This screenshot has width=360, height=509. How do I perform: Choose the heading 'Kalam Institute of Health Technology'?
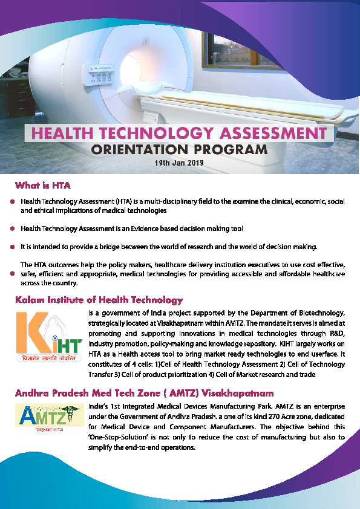tap(99, 299)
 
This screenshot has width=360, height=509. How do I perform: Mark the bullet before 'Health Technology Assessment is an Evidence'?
tap(13, 229)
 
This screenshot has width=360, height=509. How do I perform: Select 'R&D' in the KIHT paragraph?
tap(338, 333)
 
